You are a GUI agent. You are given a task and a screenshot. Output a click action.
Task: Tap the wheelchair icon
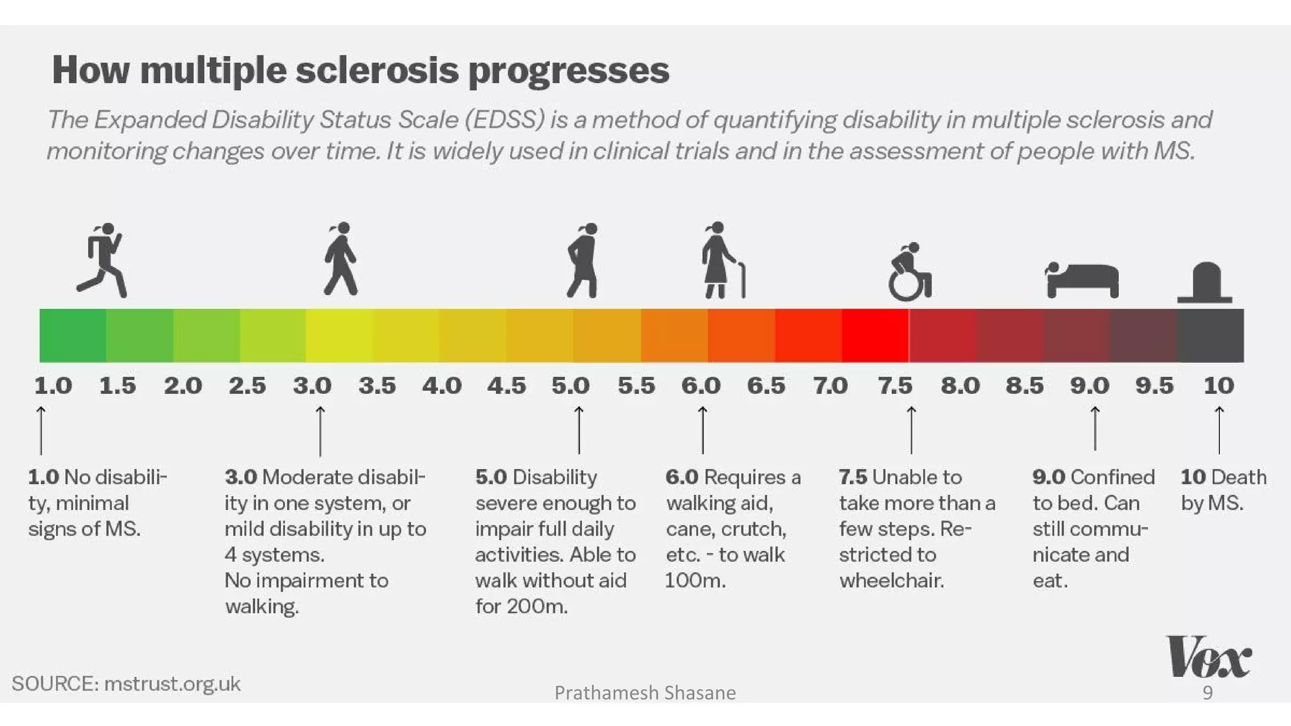(x=909, y=274)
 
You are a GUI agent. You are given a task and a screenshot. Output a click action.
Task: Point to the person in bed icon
(x=1082, y=280)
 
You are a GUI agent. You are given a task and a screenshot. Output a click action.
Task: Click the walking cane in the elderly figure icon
(x=743, y=280)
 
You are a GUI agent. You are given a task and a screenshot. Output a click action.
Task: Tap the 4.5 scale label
(x=506, y=385)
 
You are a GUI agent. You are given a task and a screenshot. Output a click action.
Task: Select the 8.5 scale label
(x=1024, y=385)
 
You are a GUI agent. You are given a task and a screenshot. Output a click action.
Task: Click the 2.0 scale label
(x=183, y=385)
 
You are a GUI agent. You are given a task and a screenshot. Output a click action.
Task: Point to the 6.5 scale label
(x=766, y=385)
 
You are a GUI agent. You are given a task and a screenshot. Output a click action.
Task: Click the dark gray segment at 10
(x=1210, y=335)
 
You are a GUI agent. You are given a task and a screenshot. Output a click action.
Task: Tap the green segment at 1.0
(x=72, y=335)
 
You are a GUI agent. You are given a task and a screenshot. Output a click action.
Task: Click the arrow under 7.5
(x=911, y=430)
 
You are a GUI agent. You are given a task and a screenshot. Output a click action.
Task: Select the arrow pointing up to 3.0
(x=320, y=431)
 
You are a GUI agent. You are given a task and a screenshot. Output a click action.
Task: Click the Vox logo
(x=1208, y=657)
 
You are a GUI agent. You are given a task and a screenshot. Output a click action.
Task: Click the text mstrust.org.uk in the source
(x=172, y=684)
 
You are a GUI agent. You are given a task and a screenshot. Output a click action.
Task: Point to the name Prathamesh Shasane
(x=645, y=693)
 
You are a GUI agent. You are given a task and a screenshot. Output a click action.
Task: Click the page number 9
(x=1207, y=693)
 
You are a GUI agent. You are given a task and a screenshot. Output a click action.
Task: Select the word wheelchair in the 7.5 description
(x=891, y=580)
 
